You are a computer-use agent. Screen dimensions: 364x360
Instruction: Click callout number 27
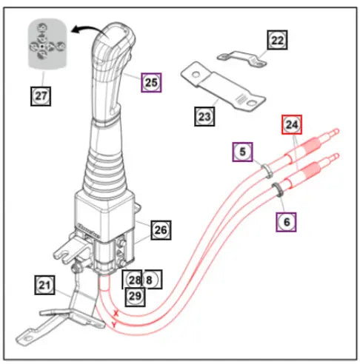pyautogui.click(x=40, y=95)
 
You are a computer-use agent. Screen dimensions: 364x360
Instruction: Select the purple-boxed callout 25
pyautogui.click(x=151, y=82)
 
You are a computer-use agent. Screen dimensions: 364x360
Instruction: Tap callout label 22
pyautogui.click(x=276, y=41)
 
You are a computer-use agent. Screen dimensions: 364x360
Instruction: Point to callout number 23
pyautogui.click(x=205, y=116)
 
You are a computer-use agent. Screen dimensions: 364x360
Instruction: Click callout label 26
pyautogui.click(x=160, y=230)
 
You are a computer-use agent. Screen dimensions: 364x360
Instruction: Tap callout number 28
pyautogui.click(x=133, y=280)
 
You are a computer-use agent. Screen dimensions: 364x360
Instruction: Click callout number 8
pyautogui.click(x=151, y=280)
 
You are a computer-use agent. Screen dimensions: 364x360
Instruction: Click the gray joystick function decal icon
pyautogui.click(x=41, y=44)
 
